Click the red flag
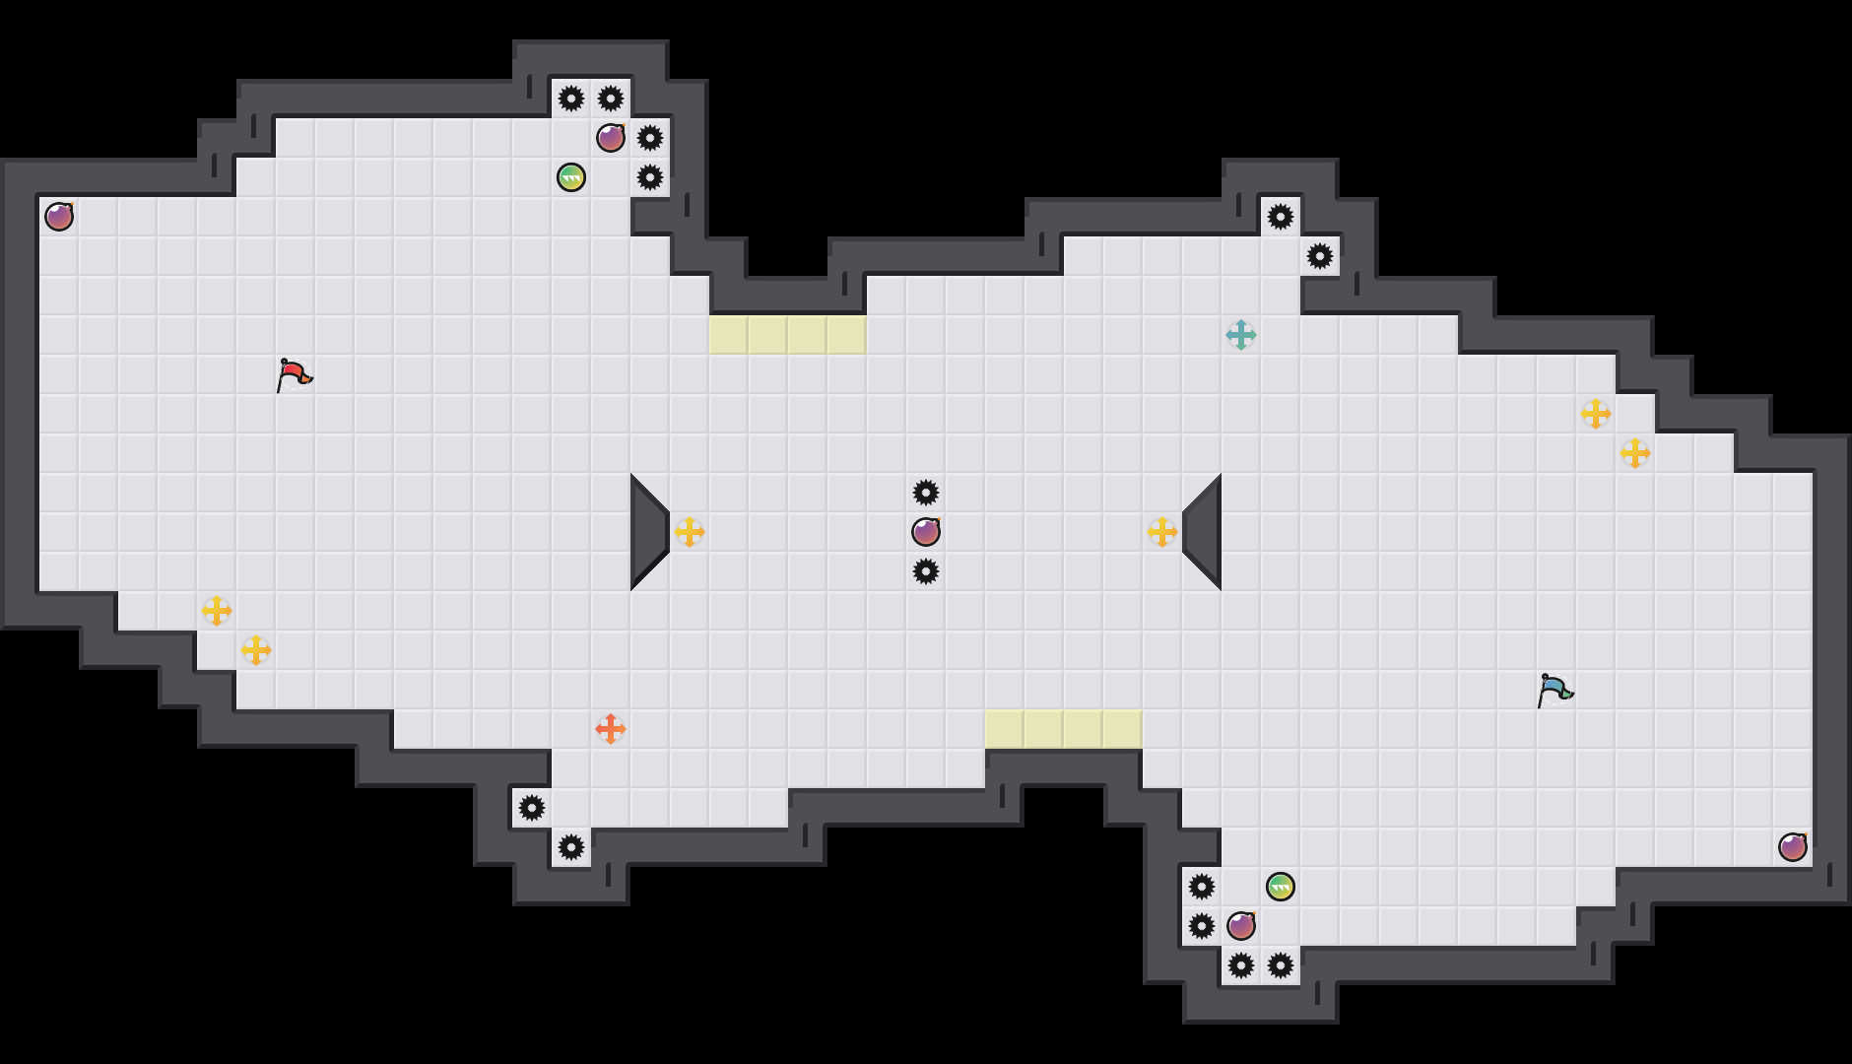294,374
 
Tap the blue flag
1554,690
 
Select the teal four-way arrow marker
1241,335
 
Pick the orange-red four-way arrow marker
611,729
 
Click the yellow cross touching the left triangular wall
690,532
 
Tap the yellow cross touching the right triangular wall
1162,532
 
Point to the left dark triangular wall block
647,532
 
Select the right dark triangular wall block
1205,532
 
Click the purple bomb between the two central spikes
926,532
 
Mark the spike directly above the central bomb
926,493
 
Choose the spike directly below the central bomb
926,571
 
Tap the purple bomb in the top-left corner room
59,217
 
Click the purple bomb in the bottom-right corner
1793,847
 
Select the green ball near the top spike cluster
571,177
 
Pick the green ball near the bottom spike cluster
1281,887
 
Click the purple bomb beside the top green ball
611,138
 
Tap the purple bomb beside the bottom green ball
1241,926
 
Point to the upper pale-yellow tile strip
788,335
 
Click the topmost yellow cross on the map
1596,414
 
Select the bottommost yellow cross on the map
256,650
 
